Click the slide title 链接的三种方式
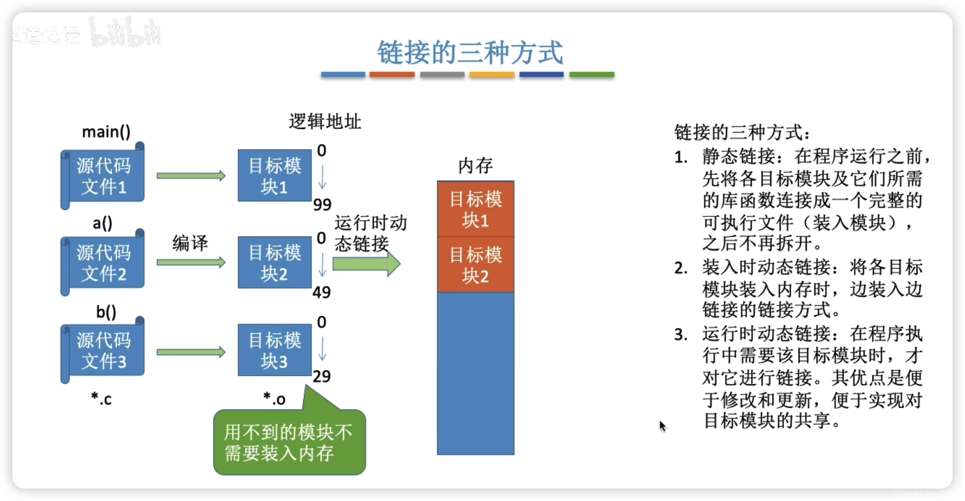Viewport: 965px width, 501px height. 470,53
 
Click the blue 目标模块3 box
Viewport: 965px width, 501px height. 275,350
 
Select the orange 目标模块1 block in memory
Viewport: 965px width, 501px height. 475,209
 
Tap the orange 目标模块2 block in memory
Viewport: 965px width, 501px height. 475,265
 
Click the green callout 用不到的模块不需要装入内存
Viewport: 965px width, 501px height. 289,443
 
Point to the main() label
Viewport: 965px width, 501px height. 106,132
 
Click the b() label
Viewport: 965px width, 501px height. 106,312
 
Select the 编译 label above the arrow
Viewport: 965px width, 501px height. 190,243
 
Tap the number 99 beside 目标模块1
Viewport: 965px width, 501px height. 322,204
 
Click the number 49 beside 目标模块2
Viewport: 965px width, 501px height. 321,292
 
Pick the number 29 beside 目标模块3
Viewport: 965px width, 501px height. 321,376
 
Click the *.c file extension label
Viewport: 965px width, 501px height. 102,399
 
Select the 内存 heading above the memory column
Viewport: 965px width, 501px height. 475,166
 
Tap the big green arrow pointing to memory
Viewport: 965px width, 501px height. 366,264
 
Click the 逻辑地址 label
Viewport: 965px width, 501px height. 325,122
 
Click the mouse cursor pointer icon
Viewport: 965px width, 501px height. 662,426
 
